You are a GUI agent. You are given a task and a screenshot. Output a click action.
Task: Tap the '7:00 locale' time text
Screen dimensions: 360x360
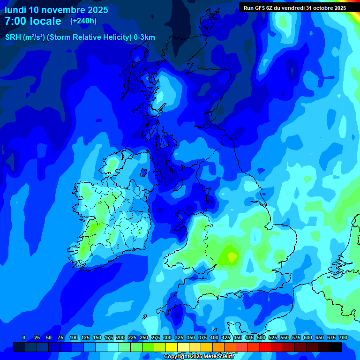click(33, 21)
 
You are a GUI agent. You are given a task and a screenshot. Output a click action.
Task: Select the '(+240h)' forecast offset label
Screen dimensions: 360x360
click(83, 21)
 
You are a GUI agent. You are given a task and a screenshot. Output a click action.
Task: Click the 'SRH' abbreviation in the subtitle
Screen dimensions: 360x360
click(13, 37)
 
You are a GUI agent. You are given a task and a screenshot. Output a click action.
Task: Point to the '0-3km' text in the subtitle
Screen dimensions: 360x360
click(144, 37)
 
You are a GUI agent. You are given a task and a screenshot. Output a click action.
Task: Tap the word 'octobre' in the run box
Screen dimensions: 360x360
click(323, 7)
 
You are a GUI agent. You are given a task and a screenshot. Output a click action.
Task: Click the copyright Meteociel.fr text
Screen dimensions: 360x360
click(199, 357)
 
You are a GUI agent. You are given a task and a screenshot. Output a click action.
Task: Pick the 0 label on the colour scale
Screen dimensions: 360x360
click(24, 337)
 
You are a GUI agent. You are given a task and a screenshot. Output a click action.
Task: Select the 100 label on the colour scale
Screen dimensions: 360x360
click(74, 337)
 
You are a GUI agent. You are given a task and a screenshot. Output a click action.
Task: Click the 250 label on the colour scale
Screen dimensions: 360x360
click(144, 337)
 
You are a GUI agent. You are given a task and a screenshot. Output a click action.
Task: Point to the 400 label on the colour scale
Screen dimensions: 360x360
click(214, 337)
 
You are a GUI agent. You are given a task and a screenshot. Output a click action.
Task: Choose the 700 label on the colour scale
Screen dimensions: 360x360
click(343, 337)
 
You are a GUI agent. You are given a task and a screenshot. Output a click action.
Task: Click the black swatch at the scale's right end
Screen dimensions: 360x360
click(335, 347)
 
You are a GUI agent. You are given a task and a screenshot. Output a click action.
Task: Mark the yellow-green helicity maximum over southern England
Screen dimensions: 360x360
click(232, 256)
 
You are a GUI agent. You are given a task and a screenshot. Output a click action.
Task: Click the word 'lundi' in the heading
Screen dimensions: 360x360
click(15, 10)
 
